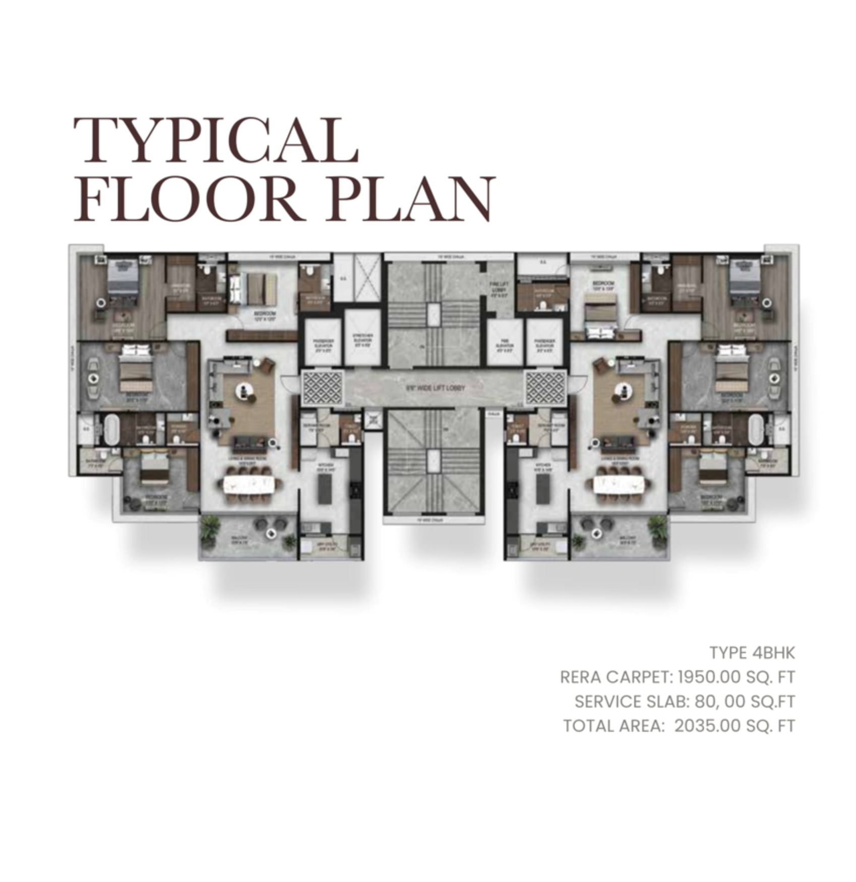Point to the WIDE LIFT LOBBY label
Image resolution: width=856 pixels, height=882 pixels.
435,388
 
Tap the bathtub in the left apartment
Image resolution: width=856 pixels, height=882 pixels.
111,429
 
